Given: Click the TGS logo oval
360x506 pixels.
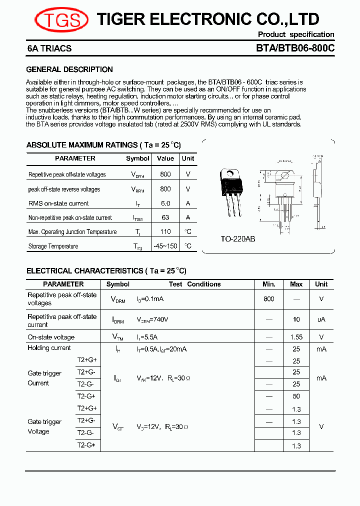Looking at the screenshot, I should point(61,20).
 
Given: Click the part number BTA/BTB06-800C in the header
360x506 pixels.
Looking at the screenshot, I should point(295,48).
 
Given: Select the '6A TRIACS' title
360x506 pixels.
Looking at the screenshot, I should point(49,48).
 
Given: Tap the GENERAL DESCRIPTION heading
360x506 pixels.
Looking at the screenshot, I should point(69,69).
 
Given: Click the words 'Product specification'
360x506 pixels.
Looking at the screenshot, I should point(296,34).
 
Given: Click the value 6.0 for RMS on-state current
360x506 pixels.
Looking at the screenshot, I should point(165,203).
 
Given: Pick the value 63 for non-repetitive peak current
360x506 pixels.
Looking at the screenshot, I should point(165,217).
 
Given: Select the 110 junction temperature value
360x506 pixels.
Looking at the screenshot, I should point(165,231).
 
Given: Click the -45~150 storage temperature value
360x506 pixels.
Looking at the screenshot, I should point(165,246).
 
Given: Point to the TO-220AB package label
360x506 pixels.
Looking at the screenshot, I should point(238,239).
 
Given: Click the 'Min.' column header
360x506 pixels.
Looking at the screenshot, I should point(269,284).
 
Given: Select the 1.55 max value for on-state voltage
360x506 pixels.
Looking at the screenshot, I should point(296,337).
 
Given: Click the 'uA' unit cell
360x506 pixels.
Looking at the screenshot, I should point(321,319).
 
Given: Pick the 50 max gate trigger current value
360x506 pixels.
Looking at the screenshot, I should point(296,396).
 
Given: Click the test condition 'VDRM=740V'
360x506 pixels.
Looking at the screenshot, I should point(152,319).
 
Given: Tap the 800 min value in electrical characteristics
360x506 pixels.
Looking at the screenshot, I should point(269,299).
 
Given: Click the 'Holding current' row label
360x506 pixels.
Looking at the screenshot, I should point(49,348).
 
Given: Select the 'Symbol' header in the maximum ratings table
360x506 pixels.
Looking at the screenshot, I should point(137,158).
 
